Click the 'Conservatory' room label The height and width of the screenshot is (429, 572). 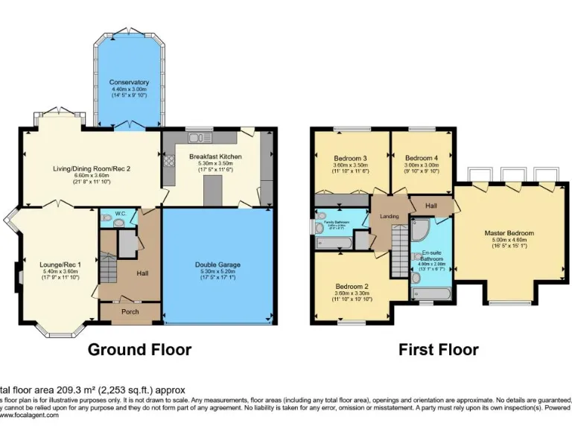[129, 82]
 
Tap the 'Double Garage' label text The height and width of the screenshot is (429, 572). [217, 264]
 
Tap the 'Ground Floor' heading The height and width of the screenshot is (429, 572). [140, 349]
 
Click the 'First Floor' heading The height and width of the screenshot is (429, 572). [439, 349]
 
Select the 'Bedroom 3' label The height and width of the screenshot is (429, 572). [349, 158]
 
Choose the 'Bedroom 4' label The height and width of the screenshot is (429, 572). [422, 158]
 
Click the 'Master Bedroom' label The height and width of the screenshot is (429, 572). [509, 233]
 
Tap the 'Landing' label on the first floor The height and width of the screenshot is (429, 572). [389, 217]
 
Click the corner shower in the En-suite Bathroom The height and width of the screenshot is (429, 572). [420, 227]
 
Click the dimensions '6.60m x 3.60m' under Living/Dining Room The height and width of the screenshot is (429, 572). [92, 175]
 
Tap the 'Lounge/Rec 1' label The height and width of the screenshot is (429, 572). [60, 264]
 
